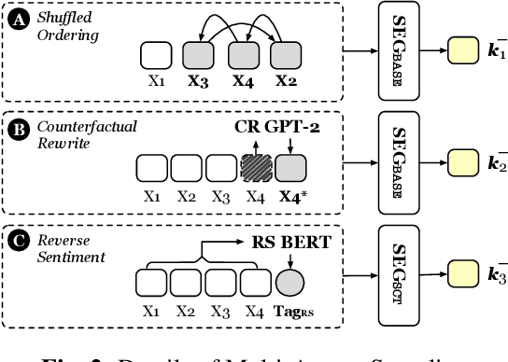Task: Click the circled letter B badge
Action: pyautogui.click(x=18, y=128)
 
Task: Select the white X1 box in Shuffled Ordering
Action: pyautogui.click(x=156, y=56)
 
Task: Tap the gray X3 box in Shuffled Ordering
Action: pyautogui.click(x=198, y=56)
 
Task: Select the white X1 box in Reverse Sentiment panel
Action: pyautogui.click(x=151, y=282)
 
